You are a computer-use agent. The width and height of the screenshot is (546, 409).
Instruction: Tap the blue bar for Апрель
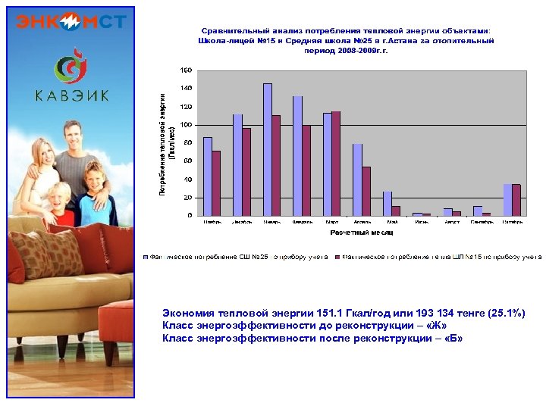357,180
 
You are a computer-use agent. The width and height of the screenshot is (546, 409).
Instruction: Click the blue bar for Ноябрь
208,176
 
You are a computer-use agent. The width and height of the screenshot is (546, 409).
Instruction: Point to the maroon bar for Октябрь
516,200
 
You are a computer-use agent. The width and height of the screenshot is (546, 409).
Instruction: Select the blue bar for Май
387,204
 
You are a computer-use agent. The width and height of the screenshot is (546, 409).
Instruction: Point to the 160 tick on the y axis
186,70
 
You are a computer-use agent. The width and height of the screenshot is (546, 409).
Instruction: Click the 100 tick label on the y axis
186,124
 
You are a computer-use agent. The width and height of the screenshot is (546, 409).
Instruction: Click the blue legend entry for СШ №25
237,258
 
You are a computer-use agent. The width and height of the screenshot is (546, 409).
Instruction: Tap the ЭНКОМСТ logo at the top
71,21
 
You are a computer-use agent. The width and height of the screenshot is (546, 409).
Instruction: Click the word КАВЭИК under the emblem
71,95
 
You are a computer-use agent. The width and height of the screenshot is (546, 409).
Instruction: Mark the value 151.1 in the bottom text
302,314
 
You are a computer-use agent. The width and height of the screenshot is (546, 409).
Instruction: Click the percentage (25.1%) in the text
507,314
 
